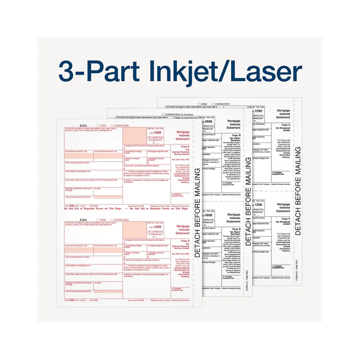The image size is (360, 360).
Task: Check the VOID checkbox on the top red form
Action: (x=98, y=126)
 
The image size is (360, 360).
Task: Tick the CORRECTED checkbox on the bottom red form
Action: (x=111, y=220)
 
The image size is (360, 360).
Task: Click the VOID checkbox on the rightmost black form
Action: (x=199, y=104)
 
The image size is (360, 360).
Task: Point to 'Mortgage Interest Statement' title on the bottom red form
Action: (x=183, y=229)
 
